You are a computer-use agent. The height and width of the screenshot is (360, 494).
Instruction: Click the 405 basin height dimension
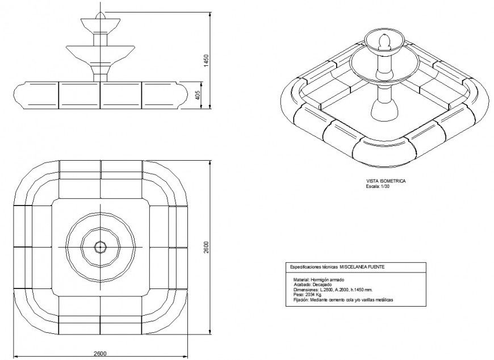coord(198,95)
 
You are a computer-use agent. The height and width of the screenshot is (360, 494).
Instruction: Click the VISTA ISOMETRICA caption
coord(386,181)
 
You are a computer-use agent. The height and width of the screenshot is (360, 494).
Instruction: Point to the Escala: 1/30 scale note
coord(378,186)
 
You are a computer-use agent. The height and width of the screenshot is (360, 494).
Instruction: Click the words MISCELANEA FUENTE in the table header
coord(364,267)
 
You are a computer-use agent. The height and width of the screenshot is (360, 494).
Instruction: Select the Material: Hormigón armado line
coord(319,280)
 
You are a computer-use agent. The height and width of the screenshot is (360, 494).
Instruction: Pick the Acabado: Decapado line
coord(313,285)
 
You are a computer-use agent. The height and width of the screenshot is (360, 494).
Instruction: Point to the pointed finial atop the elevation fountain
coord(101,14)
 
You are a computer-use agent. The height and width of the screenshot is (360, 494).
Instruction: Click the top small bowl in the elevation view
coord(101,26)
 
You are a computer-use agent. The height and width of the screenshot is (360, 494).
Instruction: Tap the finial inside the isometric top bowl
coord(384,43)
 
